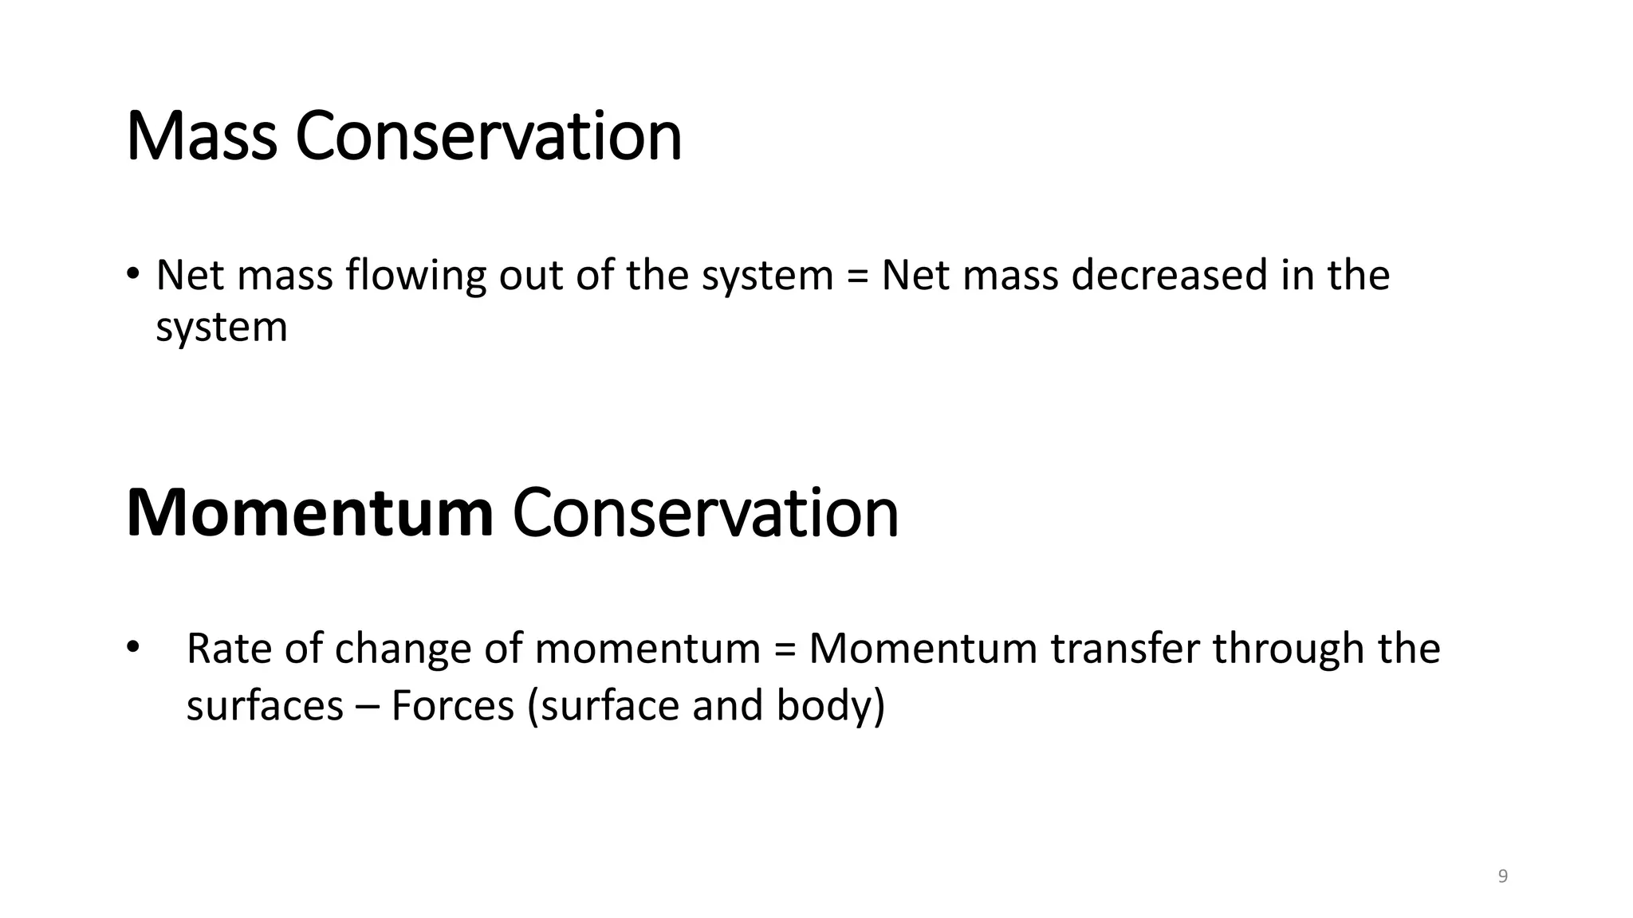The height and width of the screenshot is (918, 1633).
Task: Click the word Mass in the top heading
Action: (202, 137)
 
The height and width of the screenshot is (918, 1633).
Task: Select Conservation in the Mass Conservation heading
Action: (489, 137)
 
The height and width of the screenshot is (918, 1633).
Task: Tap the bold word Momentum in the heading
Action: (309, 514)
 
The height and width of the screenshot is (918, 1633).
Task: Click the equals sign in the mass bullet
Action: (857, 277)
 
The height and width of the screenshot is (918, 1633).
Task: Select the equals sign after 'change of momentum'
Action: (785, 649)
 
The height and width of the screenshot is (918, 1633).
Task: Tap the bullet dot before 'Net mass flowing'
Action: (133, 273)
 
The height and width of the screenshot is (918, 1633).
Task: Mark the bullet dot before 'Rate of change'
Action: (133, 645)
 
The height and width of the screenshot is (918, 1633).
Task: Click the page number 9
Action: (1503, 877)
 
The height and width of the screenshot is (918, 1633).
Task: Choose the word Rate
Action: (229, 649)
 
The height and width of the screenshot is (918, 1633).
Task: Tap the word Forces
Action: (453, 706)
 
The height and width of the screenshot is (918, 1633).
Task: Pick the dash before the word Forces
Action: (368, 708)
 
